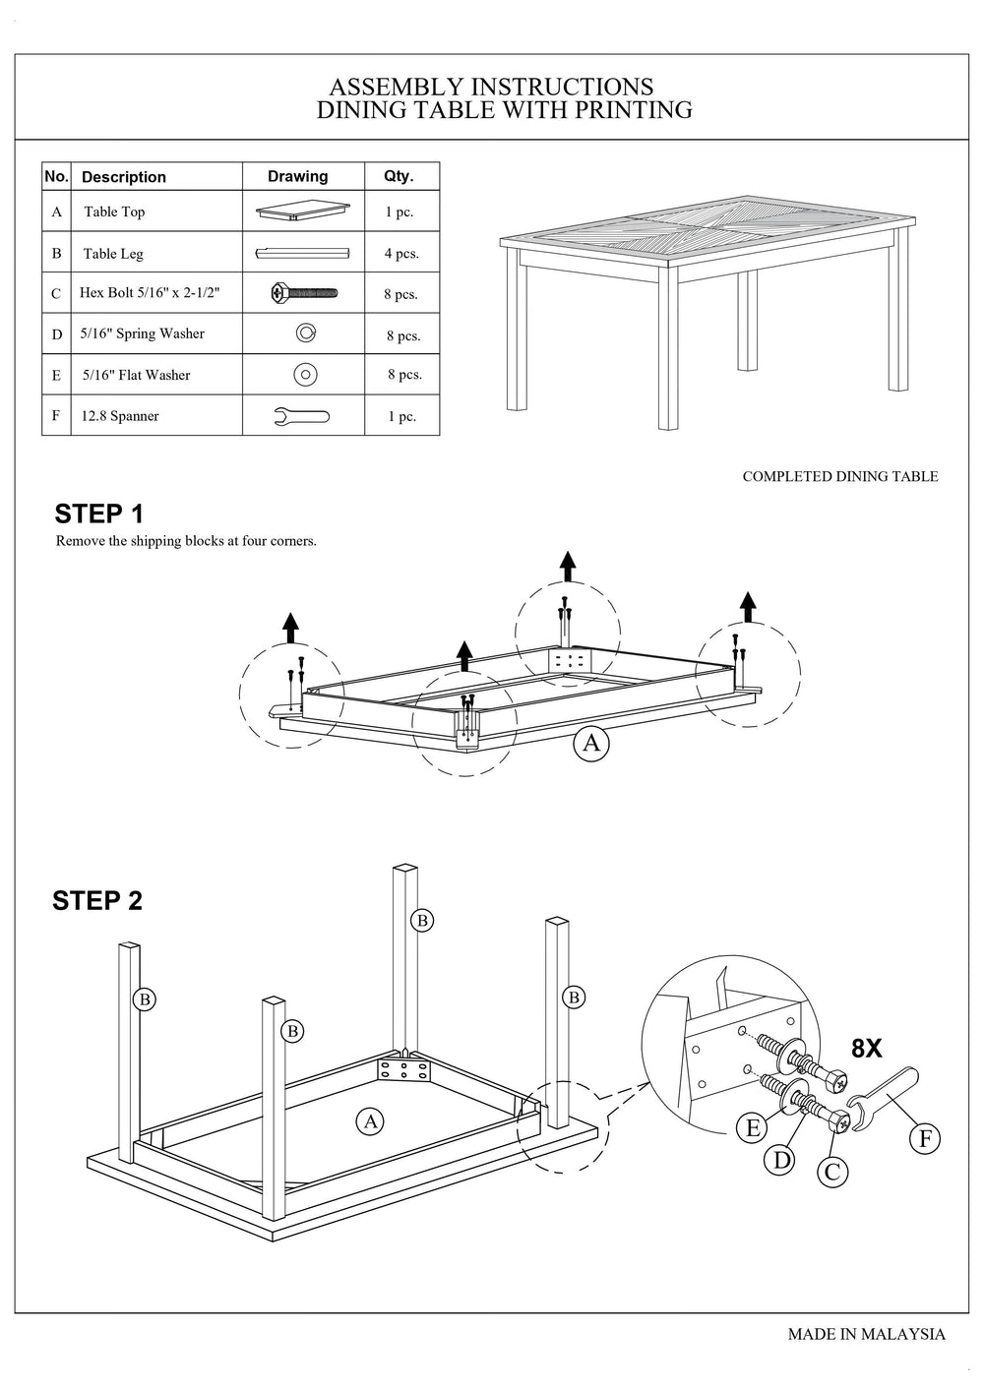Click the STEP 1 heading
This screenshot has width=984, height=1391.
98,514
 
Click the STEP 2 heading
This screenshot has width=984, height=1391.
97,901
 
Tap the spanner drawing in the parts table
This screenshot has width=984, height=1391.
301,416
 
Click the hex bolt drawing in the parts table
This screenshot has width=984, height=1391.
303,292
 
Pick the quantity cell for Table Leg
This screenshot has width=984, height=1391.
401,254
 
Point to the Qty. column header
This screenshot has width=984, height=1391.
399,176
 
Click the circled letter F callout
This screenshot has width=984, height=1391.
924,1139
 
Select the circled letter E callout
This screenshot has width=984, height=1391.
754,1127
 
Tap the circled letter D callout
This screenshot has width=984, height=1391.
782,1160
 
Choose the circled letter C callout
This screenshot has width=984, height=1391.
832,1172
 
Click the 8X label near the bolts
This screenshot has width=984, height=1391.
866,1049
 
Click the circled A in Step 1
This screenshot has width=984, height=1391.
590,743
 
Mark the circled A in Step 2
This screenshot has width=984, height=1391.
370,1121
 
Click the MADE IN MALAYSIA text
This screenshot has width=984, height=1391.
866,1334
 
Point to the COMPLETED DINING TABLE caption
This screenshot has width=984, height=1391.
839,476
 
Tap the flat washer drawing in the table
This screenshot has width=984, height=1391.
305,375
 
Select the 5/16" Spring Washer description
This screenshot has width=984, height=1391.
143,333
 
